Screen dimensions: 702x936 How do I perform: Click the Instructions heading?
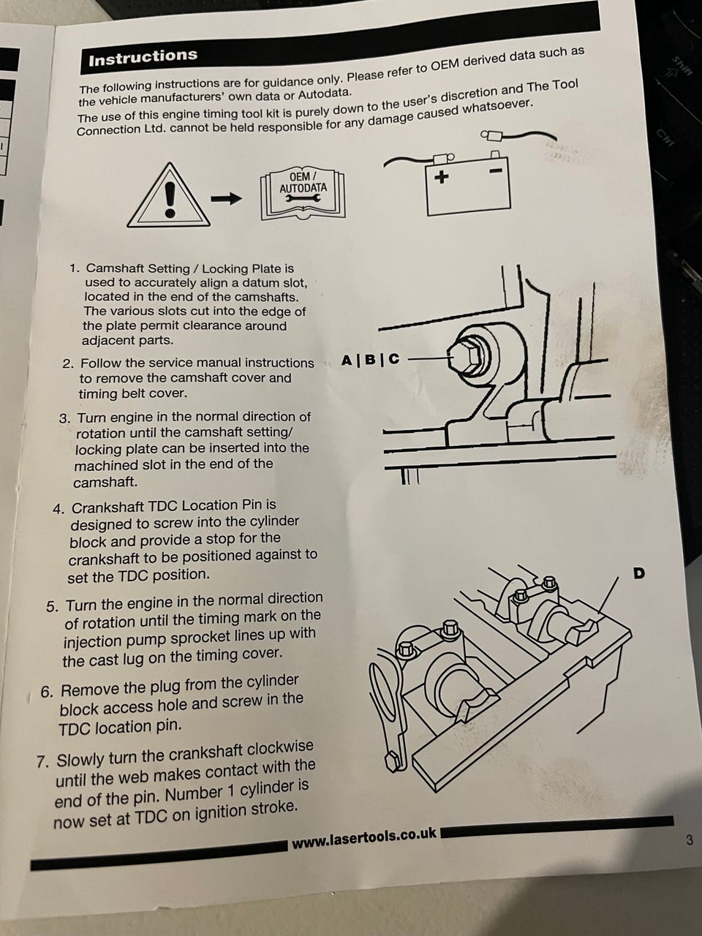click(x=143, y=57)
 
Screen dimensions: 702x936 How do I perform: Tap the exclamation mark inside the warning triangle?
click(x=170, y=199)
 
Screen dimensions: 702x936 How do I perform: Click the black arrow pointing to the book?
click(x=227, y=198)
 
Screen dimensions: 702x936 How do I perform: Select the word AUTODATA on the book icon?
click(x=303, y=188)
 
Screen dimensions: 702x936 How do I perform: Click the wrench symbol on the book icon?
click(x=303, y=198)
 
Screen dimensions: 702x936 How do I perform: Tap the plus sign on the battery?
click(x=442, y=176)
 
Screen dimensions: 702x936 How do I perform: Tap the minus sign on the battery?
click(x=496, y=171)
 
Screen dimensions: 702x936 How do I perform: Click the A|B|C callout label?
click(x=371, y=361)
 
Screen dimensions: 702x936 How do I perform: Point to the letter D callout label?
click(x=638, y=573)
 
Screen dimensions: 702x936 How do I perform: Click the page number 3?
click(x=690, y=839)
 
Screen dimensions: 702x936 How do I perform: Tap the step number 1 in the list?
click(x=74, y=268)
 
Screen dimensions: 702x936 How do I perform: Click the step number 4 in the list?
click(x=58, y=510)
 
